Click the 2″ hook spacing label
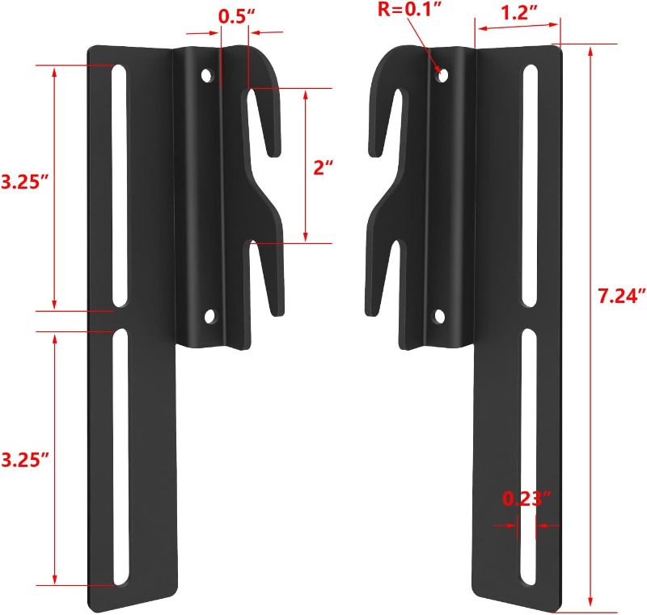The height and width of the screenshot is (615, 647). click(323, 168)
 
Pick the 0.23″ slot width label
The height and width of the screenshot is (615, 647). click(526, 499)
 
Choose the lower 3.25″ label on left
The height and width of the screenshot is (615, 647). click(23, 460)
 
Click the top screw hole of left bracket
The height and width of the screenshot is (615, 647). click(206, 76)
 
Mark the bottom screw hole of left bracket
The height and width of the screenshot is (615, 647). click(210, 316)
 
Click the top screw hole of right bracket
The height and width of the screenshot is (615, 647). click(442, 74)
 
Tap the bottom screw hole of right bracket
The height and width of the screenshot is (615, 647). click(439, 316)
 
